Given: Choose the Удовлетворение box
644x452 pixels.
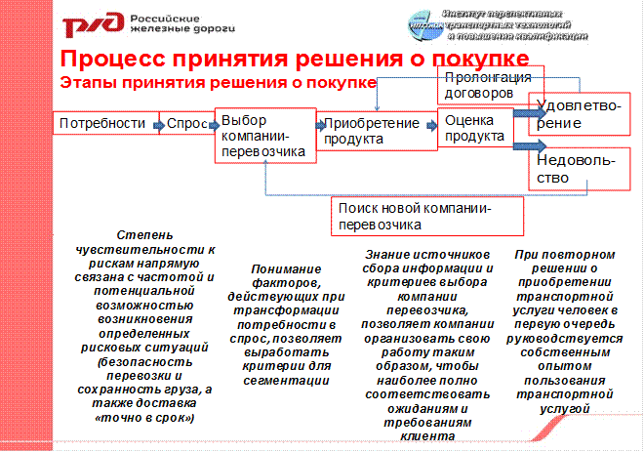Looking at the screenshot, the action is click(575, 114).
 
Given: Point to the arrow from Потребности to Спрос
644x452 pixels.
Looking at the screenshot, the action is click(156, 124).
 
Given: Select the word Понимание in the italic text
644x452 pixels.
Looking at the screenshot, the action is click(290, 267).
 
